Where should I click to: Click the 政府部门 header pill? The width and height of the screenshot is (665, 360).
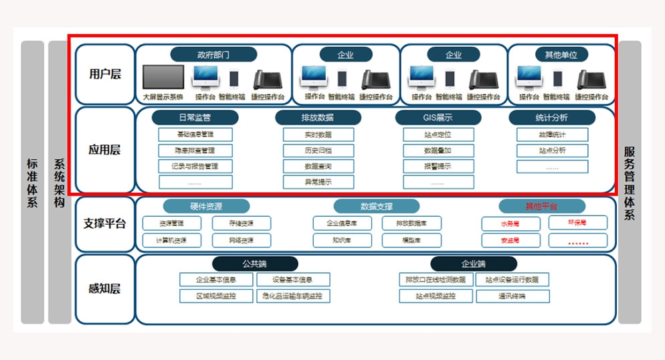pos(213,54)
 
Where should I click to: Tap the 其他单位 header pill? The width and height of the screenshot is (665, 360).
pos(561,54)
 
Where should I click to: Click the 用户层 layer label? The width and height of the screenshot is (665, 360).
pos(105,74)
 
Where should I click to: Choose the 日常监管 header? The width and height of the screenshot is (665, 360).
pos(195,118)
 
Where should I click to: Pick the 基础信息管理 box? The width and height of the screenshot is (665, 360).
pos(195,134)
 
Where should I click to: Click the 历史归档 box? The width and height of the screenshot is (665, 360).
pos(318,151)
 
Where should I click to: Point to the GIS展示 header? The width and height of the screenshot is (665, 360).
pos(438,118)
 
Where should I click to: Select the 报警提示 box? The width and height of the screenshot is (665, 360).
pos(438,166)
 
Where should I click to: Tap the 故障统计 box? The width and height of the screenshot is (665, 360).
pos(552,134)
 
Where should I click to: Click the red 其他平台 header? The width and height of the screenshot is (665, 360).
pos(542,206)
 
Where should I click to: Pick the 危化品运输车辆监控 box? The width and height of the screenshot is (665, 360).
pos(293,296)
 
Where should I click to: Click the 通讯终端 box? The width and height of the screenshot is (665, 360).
pos(512,296)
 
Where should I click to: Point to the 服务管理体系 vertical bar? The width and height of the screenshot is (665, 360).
pos(630,182)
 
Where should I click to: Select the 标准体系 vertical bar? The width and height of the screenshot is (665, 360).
pos(32,182)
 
